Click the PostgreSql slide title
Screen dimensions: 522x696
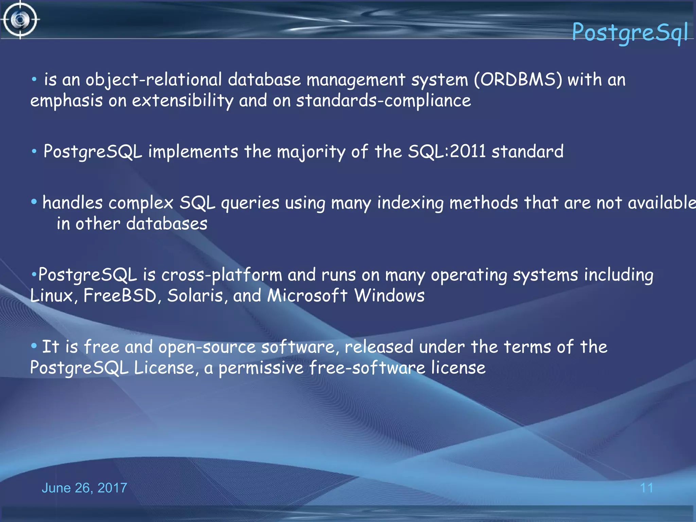click(629, 32)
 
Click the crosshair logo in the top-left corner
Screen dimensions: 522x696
click(20, 20)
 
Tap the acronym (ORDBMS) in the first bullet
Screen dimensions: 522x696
click(518, 80)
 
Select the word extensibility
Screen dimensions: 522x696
click(182, 101)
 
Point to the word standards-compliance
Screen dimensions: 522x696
click(383, 101)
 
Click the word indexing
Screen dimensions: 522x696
click(410, 203)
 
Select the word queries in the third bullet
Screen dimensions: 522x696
click(250, 203)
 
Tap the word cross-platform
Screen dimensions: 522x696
click(222, 275)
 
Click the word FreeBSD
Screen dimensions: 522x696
click(120, 296)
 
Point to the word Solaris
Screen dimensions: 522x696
click(195, 296)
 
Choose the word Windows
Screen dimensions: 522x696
click(389, 296)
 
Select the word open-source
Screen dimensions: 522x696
click(207, 347)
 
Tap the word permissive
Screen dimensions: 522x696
click(261, 368)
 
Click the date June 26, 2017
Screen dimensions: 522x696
click(84, 488)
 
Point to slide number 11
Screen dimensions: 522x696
click(646, 488)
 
